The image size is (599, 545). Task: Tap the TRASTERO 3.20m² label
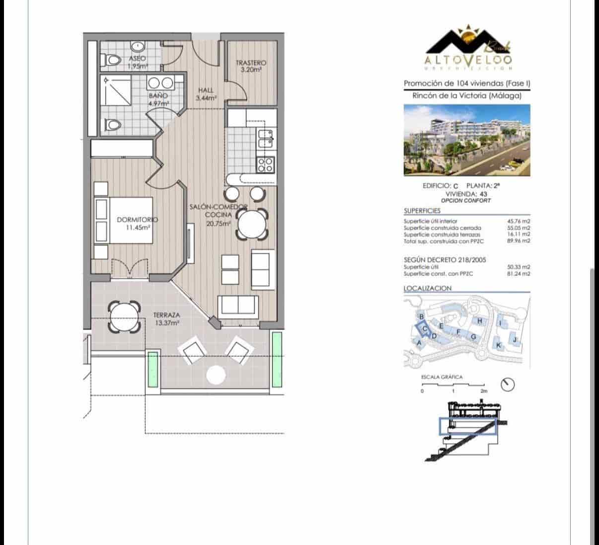(x=251, y=67)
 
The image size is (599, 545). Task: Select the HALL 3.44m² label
(x=206, y=94)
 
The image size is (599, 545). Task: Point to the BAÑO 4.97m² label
(x=158, y=99)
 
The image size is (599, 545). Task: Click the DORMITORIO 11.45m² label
(x=137, y=223)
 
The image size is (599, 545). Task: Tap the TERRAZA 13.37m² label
(x=166, y=318)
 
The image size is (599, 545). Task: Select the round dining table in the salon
(x=252, y=224)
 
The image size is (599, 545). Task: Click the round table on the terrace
(x=122, y=316)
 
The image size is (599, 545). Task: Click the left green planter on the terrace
(x=153, y=370)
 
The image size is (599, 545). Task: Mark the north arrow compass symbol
(x=508, y=384)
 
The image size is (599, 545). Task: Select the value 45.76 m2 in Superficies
(x=518, y=221)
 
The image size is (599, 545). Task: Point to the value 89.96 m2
(x=518, y=241)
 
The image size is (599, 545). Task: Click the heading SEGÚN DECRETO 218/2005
(x=445, y=259)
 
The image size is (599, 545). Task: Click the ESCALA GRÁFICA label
(x=442, y=377)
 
